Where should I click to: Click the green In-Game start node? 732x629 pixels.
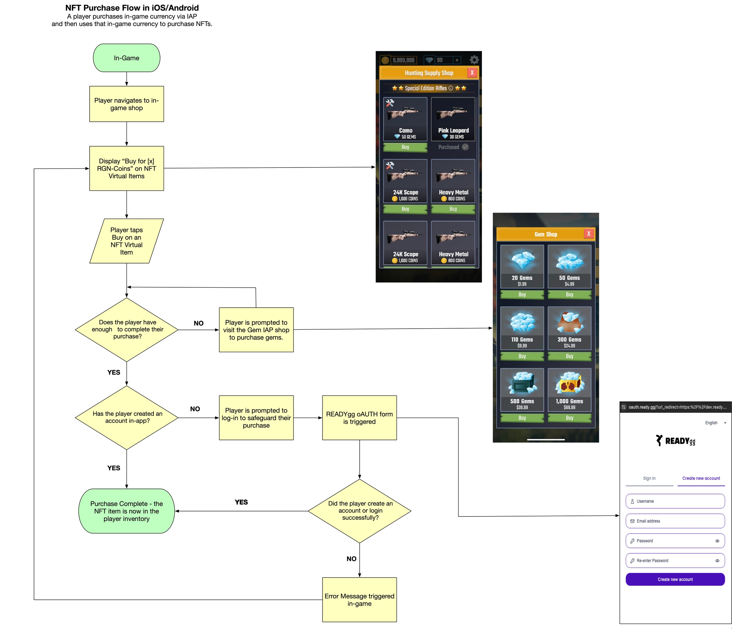pos(126,58)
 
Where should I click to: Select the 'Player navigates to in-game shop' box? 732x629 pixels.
pos(126,104)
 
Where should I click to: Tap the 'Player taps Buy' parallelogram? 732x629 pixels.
pos(126,241)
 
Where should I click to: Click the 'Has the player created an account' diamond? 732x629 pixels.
pos(126,417)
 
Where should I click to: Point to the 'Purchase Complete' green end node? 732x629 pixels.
pos(126,511)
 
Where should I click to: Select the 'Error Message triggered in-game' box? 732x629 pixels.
pos(359,600)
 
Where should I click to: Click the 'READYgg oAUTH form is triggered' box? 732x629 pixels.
pos(359,418)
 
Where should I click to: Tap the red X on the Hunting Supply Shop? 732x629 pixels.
pos(472,72)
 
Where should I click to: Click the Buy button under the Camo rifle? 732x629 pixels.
pos(405,147)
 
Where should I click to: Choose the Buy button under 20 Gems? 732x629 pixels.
pos(522,294)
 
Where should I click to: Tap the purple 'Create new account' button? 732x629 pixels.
pos(675,579)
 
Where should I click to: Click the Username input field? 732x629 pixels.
pos(675,501)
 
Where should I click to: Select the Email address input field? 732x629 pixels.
pos(675,521)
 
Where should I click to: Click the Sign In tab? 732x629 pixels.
pos(649,478)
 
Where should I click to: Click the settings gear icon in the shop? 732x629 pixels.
pos(474,60)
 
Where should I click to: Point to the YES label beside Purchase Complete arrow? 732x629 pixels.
pos(241,502)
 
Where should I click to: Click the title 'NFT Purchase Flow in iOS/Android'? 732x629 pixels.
pos(132,8)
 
